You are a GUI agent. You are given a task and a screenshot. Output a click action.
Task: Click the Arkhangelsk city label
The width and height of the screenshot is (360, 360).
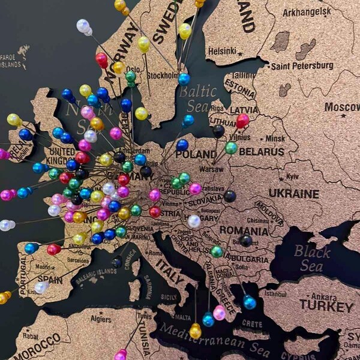(307, 12)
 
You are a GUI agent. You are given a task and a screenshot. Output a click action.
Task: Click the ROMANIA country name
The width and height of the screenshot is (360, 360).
(244, 230)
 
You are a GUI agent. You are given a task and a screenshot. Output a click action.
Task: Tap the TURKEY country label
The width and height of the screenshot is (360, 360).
(327, 305)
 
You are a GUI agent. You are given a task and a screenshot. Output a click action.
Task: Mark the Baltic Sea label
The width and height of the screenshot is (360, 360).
(197, 98)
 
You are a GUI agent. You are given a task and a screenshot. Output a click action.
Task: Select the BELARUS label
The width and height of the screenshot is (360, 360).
(261, 152)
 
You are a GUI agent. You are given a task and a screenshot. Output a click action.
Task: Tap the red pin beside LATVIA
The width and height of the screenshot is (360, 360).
(242, 121)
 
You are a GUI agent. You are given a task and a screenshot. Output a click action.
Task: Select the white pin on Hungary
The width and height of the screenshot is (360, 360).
(193, 221)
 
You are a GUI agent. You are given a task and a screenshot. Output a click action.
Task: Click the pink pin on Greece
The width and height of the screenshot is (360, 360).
(220, 312)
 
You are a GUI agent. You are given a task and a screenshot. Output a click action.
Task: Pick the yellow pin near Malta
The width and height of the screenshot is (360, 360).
(195, 331)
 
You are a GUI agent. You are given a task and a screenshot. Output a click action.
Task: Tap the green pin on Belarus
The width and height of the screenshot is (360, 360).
(231, 148)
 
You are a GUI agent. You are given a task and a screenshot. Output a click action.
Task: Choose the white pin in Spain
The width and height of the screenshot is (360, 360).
(41, 287)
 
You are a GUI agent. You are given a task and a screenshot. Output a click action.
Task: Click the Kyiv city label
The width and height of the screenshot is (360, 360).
(292, 176)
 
